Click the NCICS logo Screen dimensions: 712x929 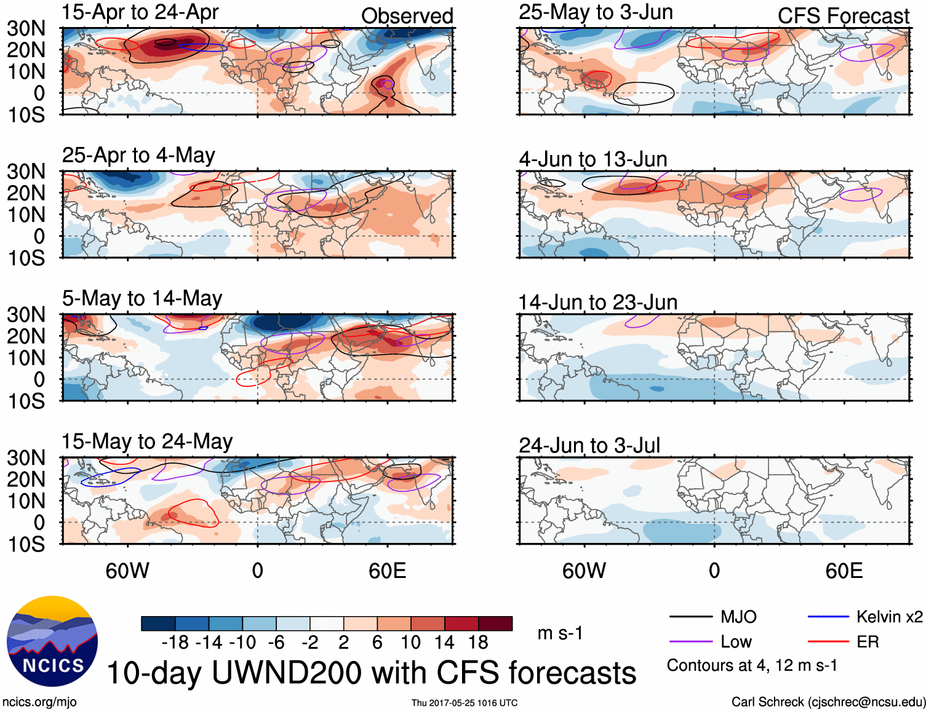point(52,641)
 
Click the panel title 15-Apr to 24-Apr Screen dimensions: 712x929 point(140,12)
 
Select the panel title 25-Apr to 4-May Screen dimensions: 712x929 point(138,155)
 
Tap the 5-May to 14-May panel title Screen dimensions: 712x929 point(142,298)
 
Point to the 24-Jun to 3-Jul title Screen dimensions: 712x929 point(589,445)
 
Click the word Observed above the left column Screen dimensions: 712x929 point(407,16)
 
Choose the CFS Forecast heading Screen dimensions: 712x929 point(843,16)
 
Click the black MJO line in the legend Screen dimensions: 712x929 point(690,617)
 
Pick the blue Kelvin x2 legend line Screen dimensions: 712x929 point(828,617)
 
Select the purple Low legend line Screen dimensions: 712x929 point(690,642)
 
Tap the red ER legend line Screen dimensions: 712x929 point(828,642)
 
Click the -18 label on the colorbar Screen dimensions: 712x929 point(175,643)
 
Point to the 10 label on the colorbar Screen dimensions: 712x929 point(410,643)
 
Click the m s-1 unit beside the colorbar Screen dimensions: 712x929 point(560,633)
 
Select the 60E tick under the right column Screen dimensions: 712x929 point(843,571)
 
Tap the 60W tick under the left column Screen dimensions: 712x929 point(127,571)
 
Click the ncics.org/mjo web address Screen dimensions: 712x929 point(39,702)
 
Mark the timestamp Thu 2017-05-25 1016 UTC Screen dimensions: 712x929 point(464,703)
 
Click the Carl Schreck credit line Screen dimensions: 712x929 point(828,702)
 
